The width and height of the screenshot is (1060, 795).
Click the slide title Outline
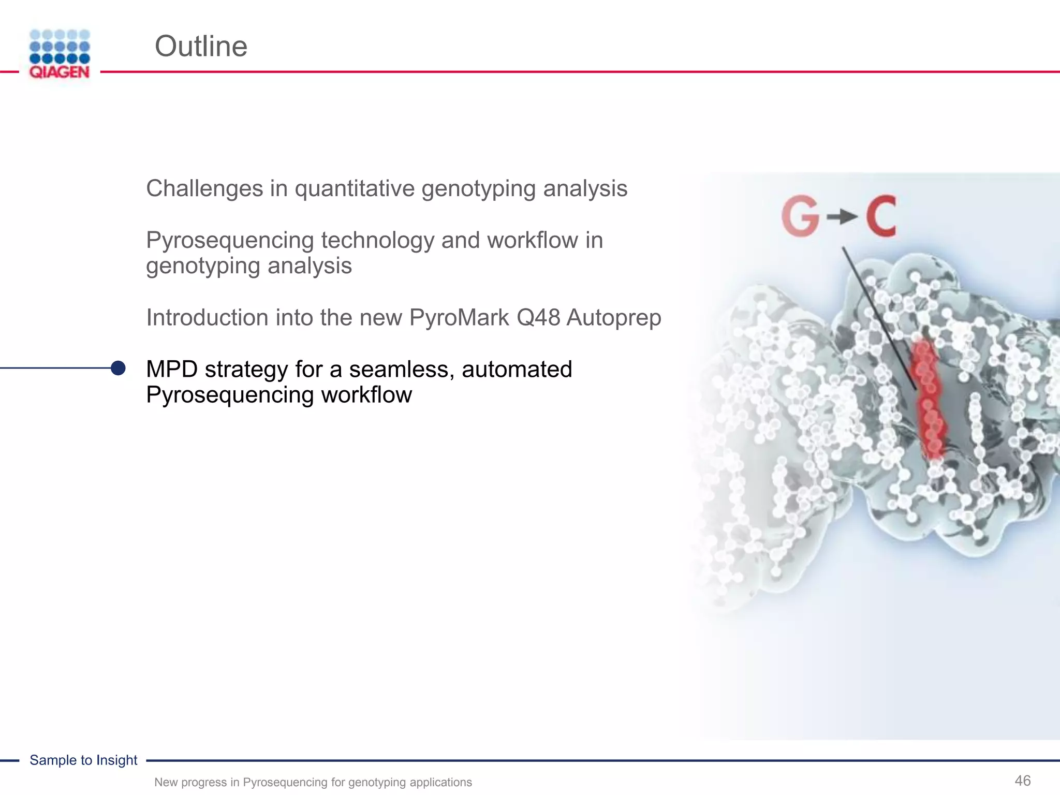point(201,47)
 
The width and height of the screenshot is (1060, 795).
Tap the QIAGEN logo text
point(60,72)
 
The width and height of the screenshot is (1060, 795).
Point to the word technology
point(377,241)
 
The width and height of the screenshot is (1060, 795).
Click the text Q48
point(538,318)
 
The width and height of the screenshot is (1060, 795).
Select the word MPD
point(172,370)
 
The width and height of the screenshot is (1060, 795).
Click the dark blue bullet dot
point(119,368)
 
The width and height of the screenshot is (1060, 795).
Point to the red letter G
point(800,217)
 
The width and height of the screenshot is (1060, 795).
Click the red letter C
point(881,217)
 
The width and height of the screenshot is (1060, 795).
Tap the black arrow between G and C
point(842,217)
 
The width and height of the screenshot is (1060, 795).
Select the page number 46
point(1022,780)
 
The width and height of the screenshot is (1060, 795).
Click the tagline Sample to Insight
point(83,760)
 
